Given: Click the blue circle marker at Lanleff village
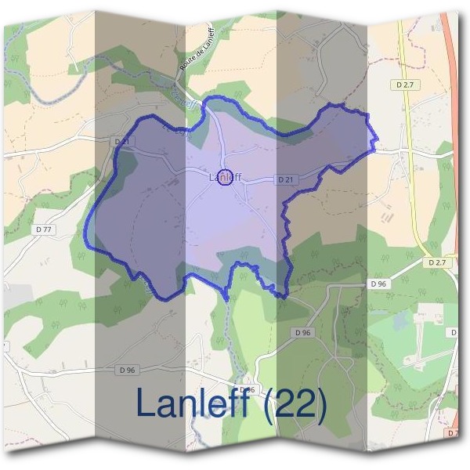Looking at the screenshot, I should (x=225, y=178).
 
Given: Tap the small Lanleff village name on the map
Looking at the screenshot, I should (x=225, y=179).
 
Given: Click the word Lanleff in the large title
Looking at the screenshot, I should (x=197, y=403).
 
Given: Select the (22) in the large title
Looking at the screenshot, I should (x=296, y=403).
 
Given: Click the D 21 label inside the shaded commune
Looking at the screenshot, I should (x=285, y=180).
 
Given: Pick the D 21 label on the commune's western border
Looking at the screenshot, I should (x=121, y=141).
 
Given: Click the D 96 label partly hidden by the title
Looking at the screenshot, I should (x=248, y=389).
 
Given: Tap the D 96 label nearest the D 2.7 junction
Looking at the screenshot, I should (x=379, y=283).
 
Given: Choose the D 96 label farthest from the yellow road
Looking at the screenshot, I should (x=128, y=369).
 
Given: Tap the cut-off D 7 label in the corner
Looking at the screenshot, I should (x=454, y=432).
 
